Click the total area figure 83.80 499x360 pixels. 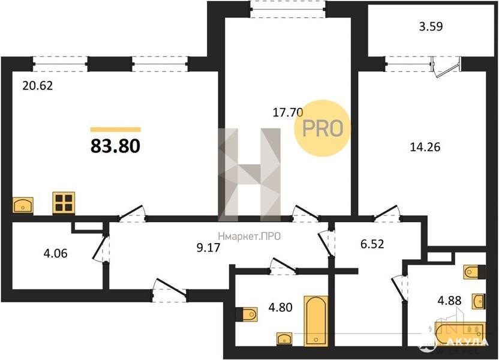pyautogui.click(x=115, y=146)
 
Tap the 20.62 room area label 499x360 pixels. pyautogui.click(x=38, y=86)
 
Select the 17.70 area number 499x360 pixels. pyautogui.click(x=288, y=112)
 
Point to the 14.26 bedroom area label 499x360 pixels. pyautogui.click(x=425, y=147)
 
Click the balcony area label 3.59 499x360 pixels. pyautogui.click(x=431, y=26)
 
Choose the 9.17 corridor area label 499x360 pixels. pyautogui.click(x=209, y=247)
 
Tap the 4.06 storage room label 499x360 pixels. pyautogui.click(x=55, y=254)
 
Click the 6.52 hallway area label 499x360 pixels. pyautogui.click(x=372, y=244)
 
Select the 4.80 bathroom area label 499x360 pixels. pyautogui.click(x=280, y=307)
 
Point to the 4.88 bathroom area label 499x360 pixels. pyautogui.click(x=450, y=300)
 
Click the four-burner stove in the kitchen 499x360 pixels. pyautogui.click(x=64, y=203)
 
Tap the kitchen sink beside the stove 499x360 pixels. pyautogui.click(x=23, y=205)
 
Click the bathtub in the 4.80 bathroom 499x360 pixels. pyautogui.click(x=315, y=321)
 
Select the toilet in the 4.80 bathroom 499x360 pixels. pyautogui.click(x=248, y=314)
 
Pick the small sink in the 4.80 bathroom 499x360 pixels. pyautogui.click(x=284, y=338)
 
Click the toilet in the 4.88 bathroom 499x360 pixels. pyautogui.click(x=474, y=272)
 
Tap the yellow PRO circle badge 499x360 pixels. pyautogui.click(x=323, y=128)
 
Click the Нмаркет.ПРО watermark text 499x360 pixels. pyautogui.click(x=249, y=236)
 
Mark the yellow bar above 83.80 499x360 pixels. pyautogui.click(x=116, y=129)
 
